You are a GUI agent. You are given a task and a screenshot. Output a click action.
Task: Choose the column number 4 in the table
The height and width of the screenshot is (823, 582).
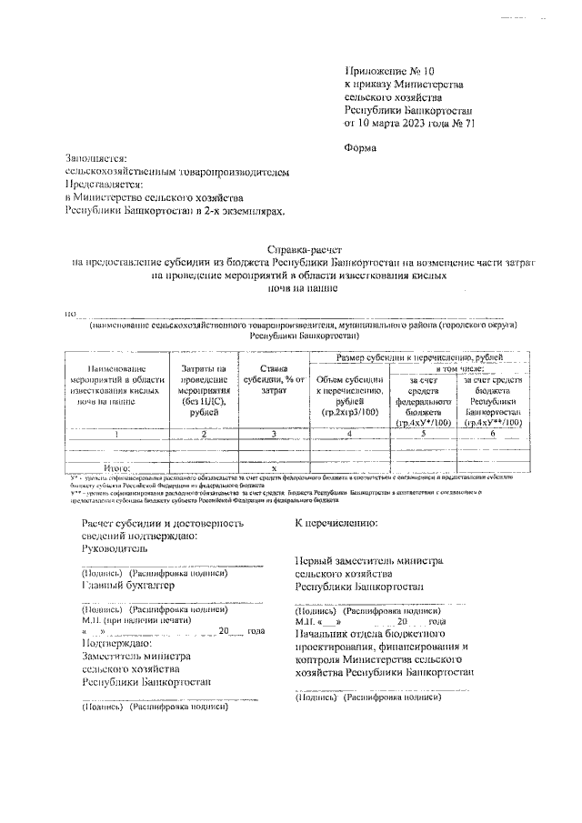pos(349,435)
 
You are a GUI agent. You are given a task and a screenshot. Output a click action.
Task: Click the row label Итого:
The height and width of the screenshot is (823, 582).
pos(117,467)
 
